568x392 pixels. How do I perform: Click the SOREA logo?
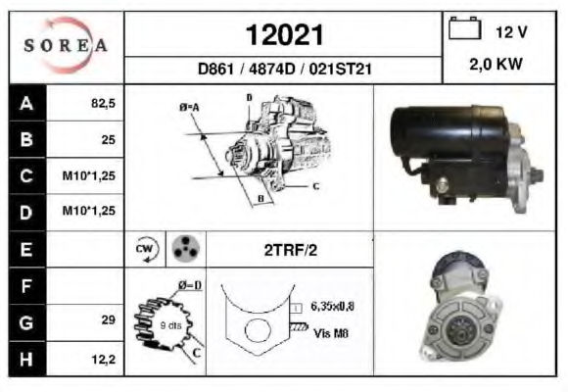[66, 45]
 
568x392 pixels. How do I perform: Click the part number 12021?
[284, 35]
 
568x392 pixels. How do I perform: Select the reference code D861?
[215, 69]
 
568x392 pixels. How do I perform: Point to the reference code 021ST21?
[340, 69]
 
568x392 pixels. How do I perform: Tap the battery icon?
[465, 28]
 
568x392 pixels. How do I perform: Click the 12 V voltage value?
[511, 32]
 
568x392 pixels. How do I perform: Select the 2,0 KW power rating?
[496, 64]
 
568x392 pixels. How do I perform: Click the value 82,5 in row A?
[103, 103]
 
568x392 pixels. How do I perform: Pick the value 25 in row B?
[109, 139]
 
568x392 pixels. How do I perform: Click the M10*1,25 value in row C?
[89, 175]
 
